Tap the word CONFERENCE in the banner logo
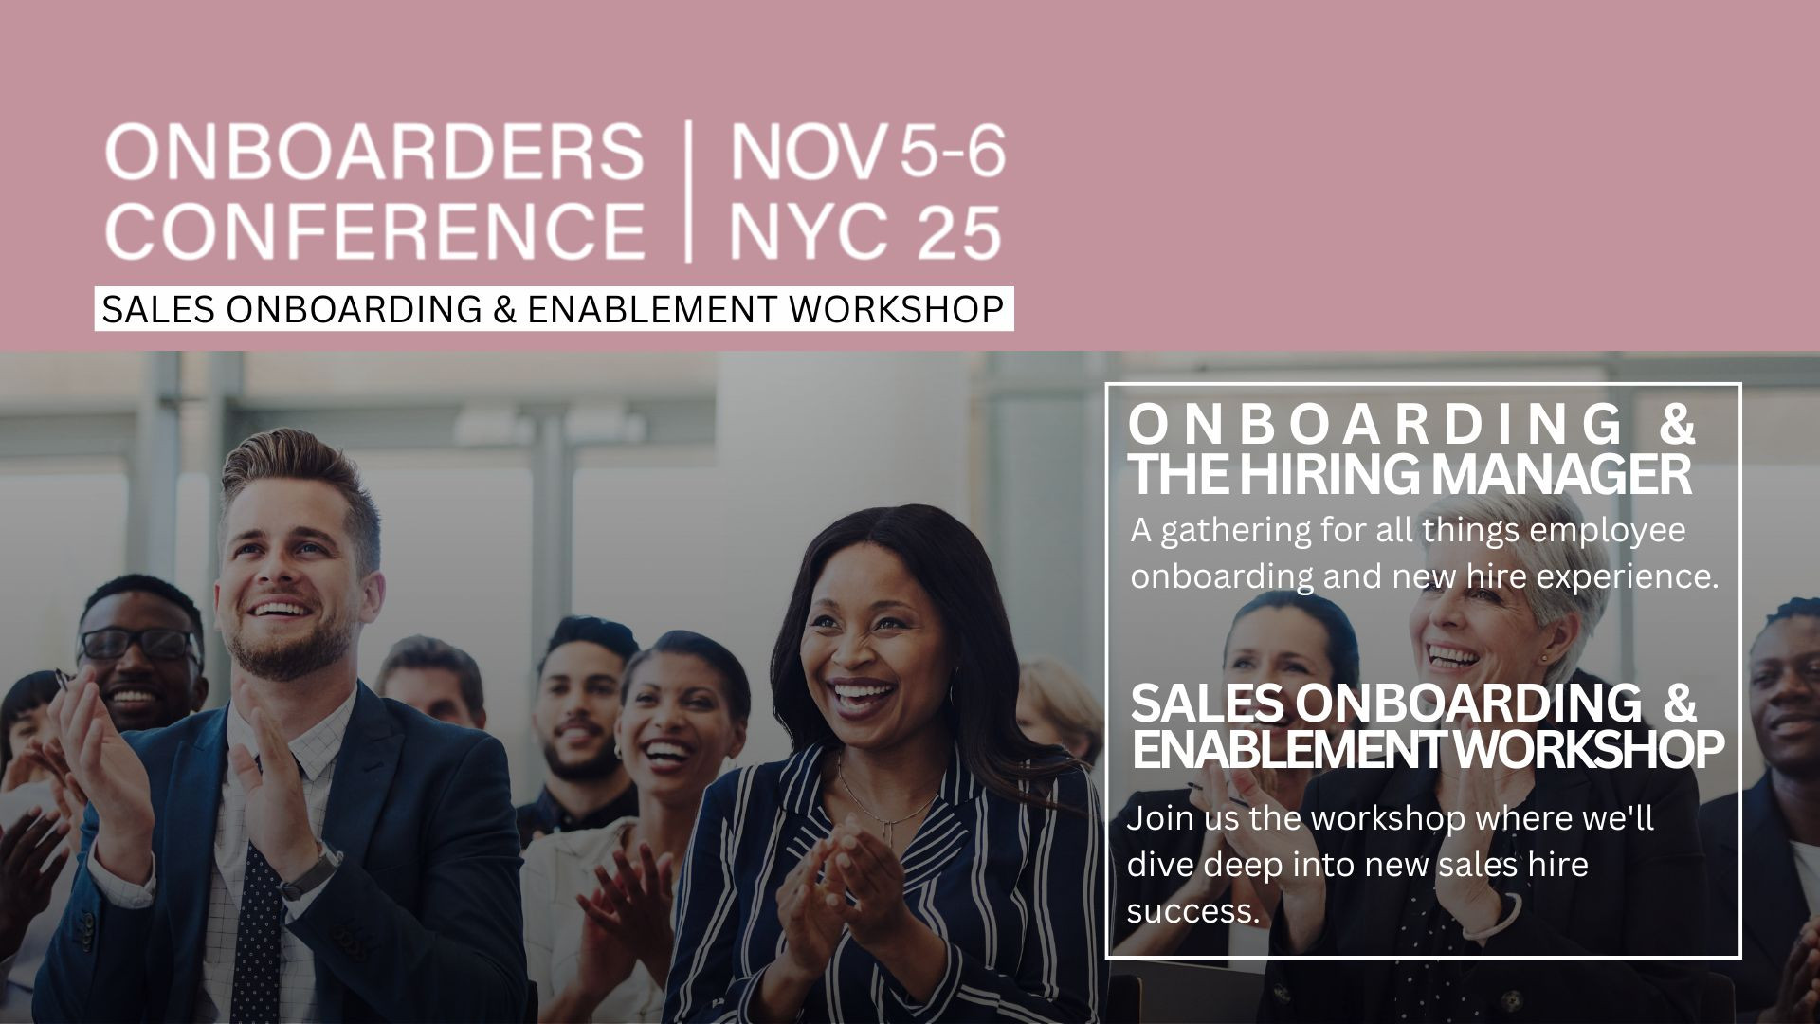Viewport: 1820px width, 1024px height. pyautogui.click(x=374, y=230)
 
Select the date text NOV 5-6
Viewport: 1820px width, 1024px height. pyautogui.click(x=866, y=152)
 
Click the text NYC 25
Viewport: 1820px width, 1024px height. pyautogui.click(x=864, y=230)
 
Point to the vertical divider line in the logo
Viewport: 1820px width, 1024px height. pyautogui.click(x=688, y=191)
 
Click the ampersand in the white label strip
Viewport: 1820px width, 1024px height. pyautogui.click(x=504, y=309)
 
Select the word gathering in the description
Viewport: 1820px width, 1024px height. pyautogui.click(x=1235, y=531)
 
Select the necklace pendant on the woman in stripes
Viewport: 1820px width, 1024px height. pyautogui.click(x=889, y=828)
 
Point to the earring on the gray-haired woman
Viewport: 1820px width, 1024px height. pyautogui.click(x=1542, y=657)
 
